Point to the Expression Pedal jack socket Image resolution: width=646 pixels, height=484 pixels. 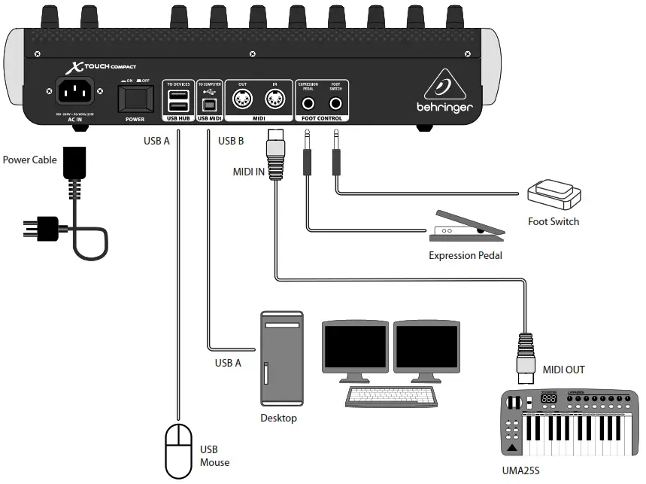[308, 100]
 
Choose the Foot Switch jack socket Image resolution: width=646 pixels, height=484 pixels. [335, 100]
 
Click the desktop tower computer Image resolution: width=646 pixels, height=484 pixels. [281, 358]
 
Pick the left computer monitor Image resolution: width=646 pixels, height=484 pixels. [355, 347]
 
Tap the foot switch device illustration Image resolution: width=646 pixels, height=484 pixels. [554, 196]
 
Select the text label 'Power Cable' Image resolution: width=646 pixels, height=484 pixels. [29, 160]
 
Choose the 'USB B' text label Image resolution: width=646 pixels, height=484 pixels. [231, 141]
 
